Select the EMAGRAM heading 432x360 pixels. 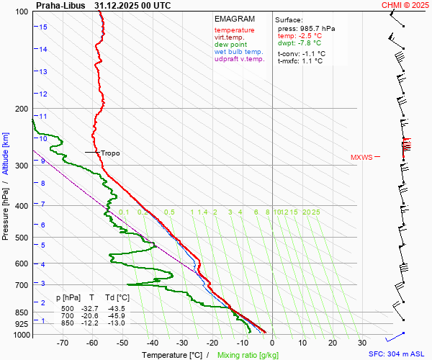234,19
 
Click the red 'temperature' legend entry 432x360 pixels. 234,30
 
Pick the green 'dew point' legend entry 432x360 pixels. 230,45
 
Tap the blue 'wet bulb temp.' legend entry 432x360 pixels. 239,52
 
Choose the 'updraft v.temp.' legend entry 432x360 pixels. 239,59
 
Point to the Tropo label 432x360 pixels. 110,153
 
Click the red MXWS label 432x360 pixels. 362,157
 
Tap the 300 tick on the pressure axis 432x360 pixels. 22,166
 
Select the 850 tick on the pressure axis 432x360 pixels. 22,312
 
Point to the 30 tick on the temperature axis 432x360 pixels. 362,343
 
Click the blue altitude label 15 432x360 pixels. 43,27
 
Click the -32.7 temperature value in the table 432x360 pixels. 91,308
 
